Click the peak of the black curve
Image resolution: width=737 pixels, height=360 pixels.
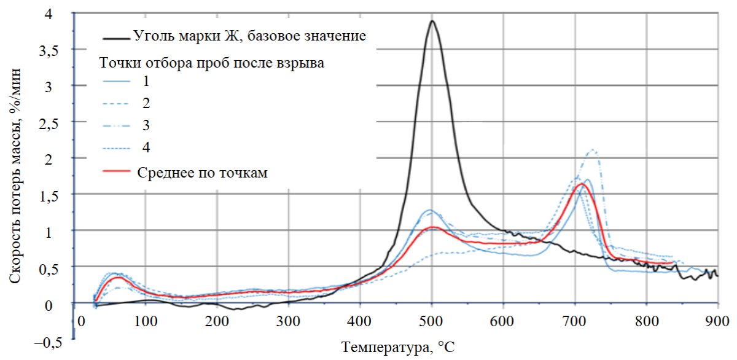click(x=432, y=21)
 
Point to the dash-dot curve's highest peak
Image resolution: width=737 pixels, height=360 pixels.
click(x=593, y=150)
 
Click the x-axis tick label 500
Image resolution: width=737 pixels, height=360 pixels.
click(x=432, y=321)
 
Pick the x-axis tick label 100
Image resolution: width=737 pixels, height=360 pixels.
click(x=146, y=321)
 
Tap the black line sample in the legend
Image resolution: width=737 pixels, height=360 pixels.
click(x=117, y=37)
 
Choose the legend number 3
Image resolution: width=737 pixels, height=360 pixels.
click(x=145, y=125)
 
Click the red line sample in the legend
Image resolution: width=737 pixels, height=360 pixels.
click(x=117, y=173)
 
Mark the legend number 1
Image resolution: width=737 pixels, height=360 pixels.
click(x=145, y=80)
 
